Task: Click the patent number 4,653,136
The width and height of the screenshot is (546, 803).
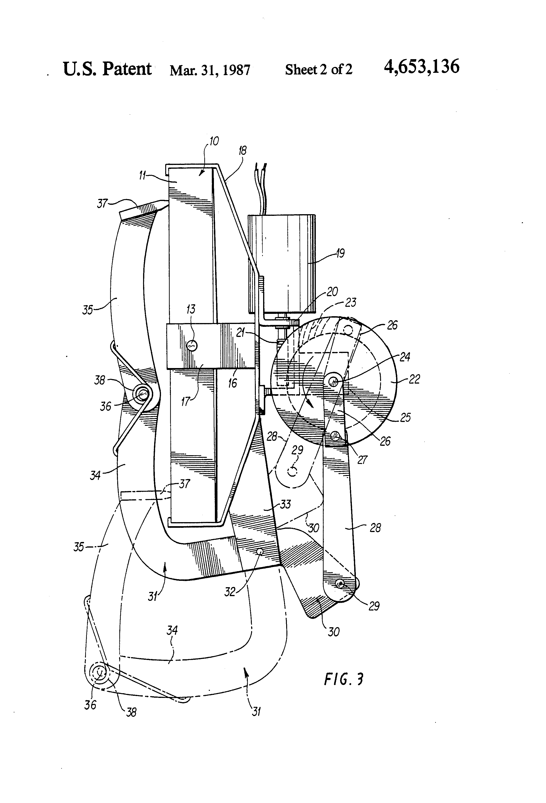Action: (x=422, y=66)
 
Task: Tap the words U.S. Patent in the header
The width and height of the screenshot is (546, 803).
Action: (x=107, y=69)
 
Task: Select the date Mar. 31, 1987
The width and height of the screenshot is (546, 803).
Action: (x=210, y=70)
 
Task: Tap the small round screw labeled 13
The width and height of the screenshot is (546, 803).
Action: (x=192, y=345)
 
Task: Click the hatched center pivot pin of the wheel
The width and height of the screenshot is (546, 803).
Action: (x=334, y=381)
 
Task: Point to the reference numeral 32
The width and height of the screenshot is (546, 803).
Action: (x=230, y=592)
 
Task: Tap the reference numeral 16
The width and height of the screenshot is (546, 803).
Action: (x=233, y=383)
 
